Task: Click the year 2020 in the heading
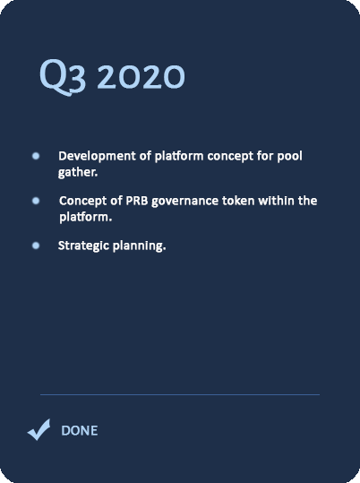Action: (141, 77)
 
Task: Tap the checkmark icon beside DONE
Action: (39, 429)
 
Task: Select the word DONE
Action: (80, 430)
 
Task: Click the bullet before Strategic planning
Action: (36, 246)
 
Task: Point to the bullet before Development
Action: (36, 156)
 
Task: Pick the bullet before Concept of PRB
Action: (36, 201)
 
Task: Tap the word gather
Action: (78, 172)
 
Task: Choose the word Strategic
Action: (83, 246)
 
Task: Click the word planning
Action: (139, 246)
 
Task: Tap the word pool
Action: (290, 157)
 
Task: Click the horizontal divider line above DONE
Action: (180, 394)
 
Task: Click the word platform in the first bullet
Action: (179, 157)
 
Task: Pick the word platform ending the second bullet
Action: (86, 218)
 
